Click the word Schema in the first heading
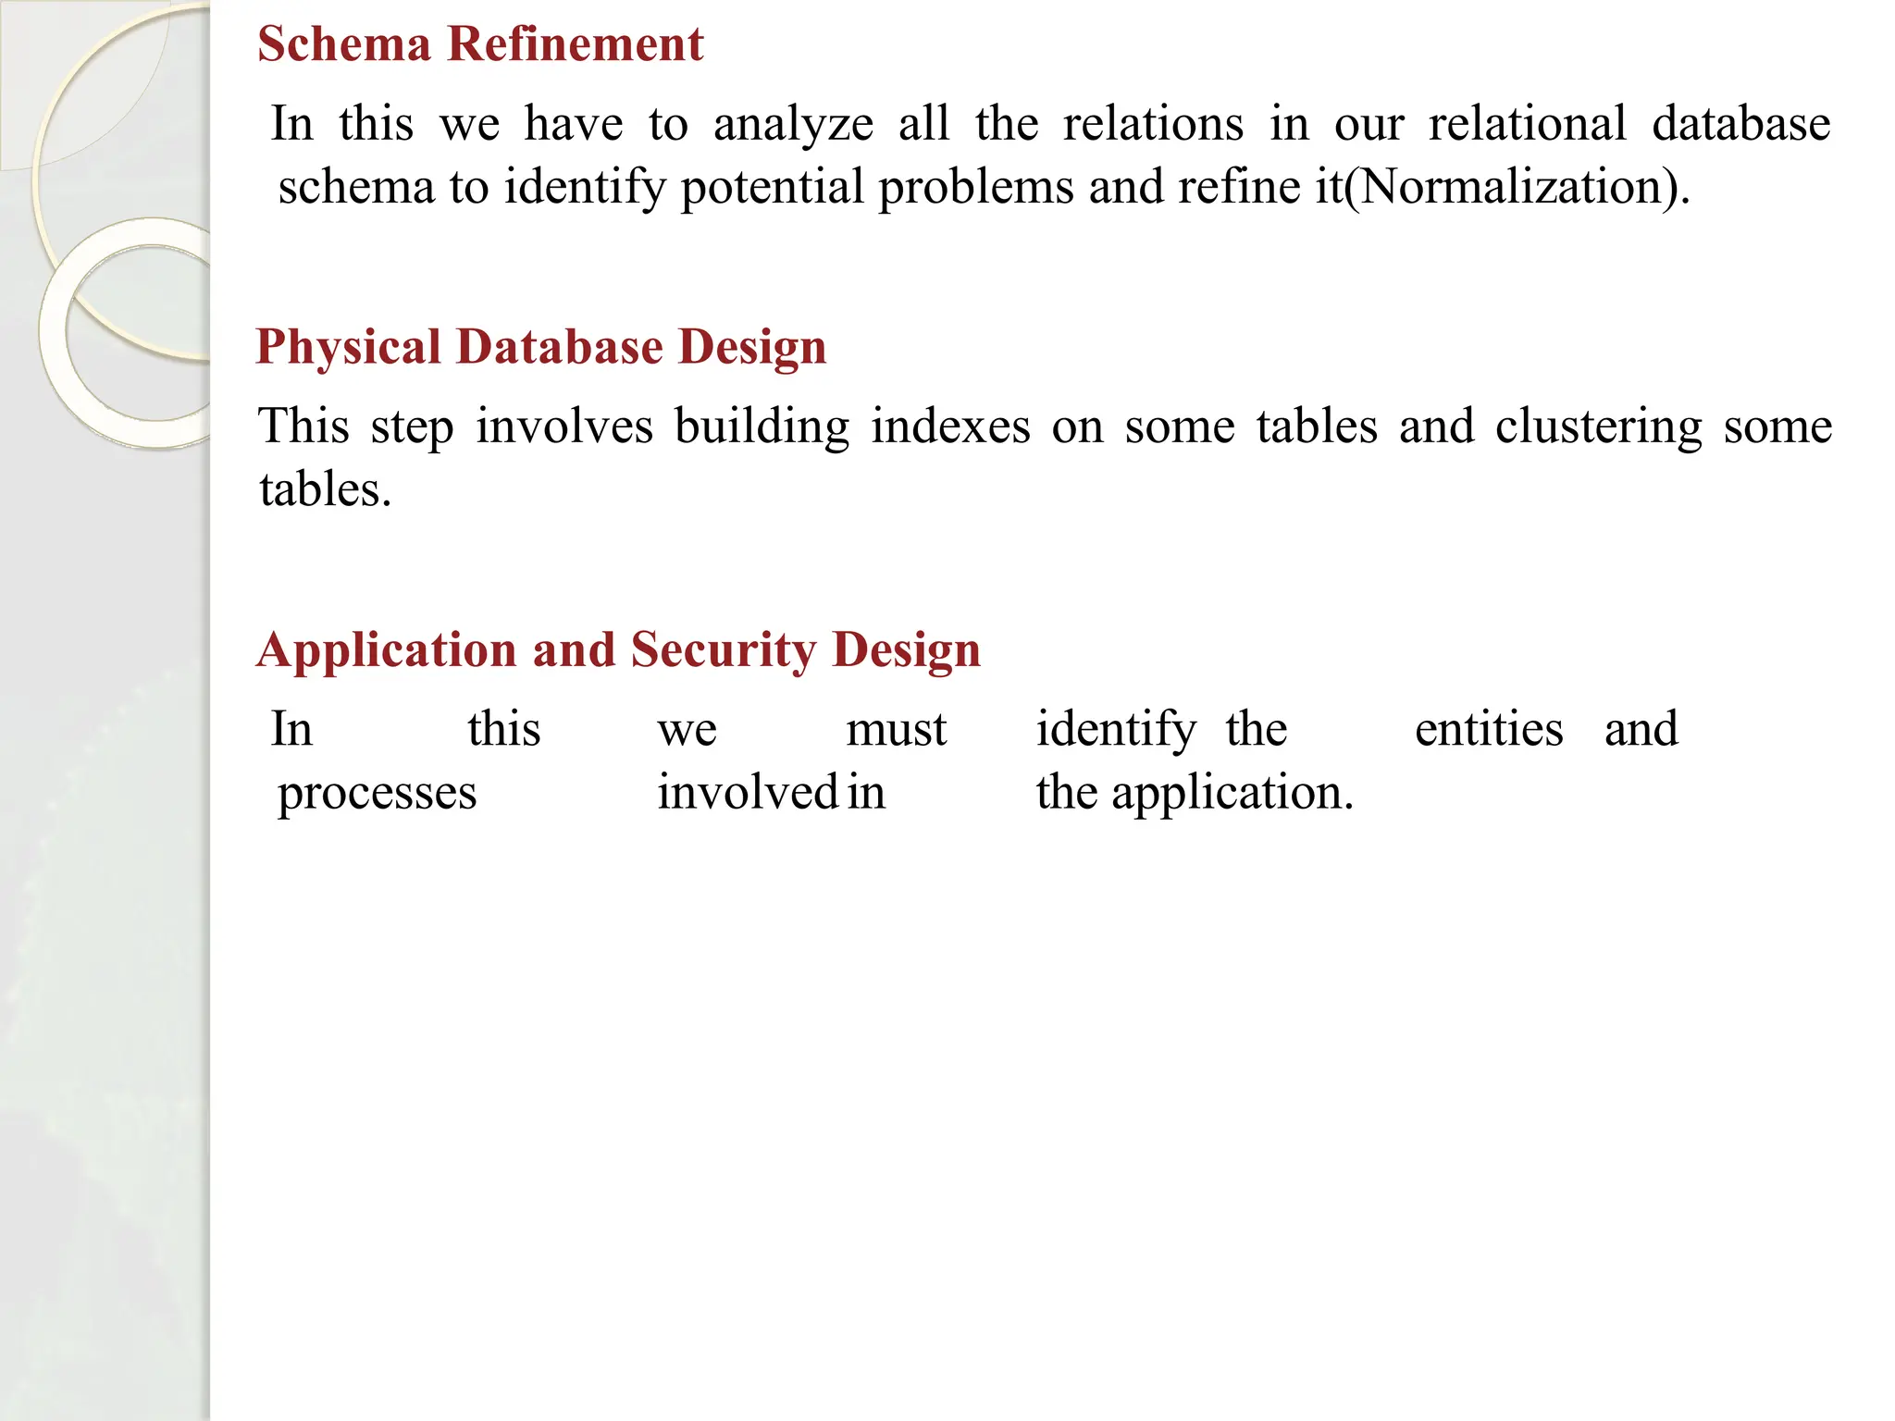click(x=344, y=44)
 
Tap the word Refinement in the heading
click(x=575, y=44)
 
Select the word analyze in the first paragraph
click(x=793, y=125)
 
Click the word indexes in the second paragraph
click(x=950, y=427)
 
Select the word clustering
click(x=1598, y=428)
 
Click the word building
click(x=762, y=427)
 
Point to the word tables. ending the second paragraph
click(x=325, y=490)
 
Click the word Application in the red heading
click(x=386, y=650)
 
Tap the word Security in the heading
click(x=723, y=650)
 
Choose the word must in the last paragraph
click(x=896, y=730)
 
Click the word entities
click(x=1489, y=729)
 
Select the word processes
click(x=377, y=794)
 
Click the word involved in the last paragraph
click(x=748, y=793)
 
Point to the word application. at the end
click(x=1232, y=794)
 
